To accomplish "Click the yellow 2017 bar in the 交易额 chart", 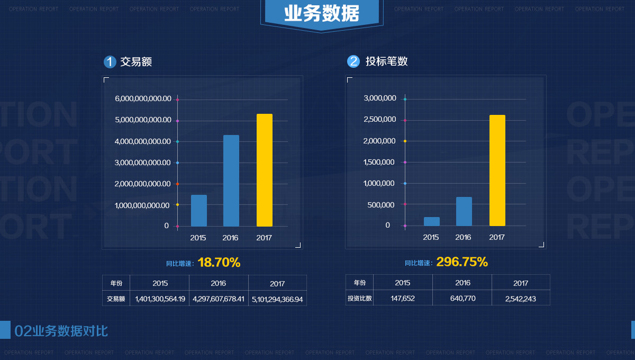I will coord(264,170).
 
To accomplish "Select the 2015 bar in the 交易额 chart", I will coord(199,211).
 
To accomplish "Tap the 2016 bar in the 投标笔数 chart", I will coord(464,211).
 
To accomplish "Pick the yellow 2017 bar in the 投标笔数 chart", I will coord(497,170).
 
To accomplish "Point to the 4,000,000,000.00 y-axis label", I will coord(143,141).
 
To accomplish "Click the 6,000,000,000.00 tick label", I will coord(143,98).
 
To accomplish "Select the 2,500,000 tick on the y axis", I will coord(380,120).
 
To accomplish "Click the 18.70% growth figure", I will coord(219,262).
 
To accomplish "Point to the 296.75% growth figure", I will coord(461,262).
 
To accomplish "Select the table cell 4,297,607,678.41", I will coord(219,299).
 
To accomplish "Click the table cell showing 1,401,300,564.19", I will coord(160,299).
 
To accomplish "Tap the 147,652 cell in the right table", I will coord(403,299).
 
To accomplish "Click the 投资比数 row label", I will coord(359,299).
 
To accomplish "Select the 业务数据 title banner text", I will coord(321,13).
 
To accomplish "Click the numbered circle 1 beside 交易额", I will coord(110,62).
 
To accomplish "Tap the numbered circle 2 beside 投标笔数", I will coord(353,61).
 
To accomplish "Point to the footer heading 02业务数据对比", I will coord(61,331).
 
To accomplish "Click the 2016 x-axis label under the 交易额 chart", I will coord(230,238).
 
